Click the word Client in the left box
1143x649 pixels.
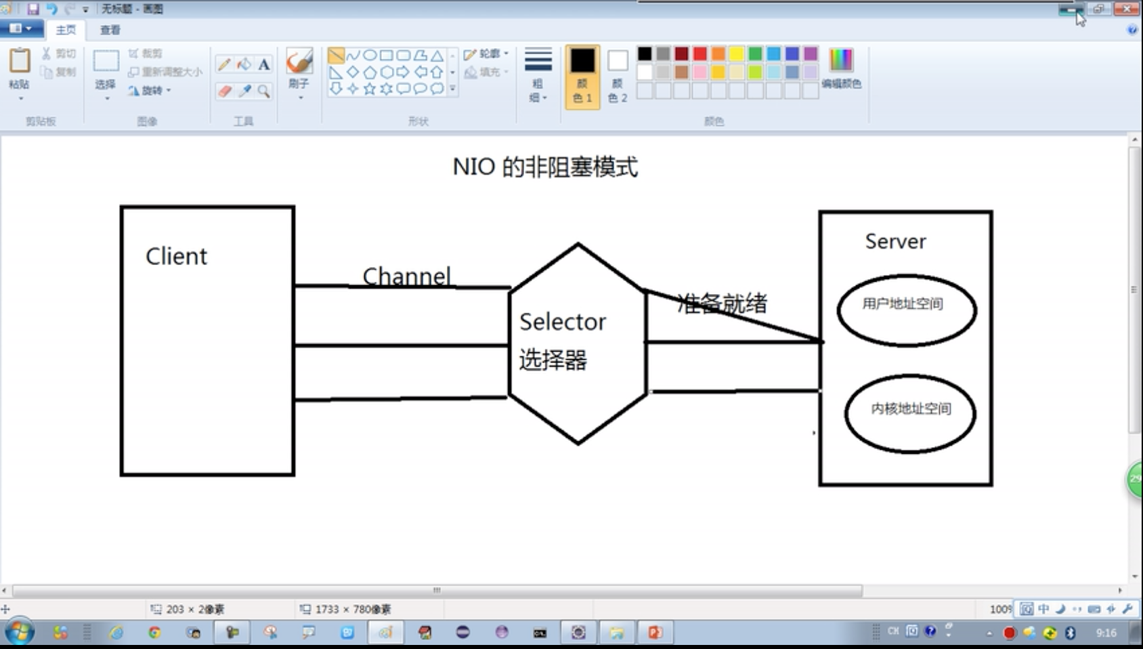176,256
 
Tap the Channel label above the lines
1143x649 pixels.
406,276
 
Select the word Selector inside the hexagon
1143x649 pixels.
562,322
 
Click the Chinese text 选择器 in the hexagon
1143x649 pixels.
553,360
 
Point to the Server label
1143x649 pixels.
895,241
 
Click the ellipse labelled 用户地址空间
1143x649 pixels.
907,310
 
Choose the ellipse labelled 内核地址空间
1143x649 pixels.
910,413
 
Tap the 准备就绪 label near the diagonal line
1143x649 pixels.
722,303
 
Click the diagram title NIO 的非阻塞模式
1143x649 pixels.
545,167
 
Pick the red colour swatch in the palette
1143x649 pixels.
700,54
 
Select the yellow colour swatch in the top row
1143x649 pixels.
737,54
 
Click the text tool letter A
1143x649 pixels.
264,64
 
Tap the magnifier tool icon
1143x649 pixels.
263,91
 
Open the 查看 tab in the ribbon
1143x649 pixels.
110,30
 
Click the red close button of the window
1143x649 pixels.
1127,9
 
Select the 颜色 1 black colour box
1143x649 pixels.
582,61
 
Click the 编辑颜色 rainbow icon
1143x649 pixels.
841,60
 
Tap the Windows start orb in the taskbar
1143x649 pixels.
19,633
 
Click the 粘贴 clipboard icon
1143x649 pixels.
20,61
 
